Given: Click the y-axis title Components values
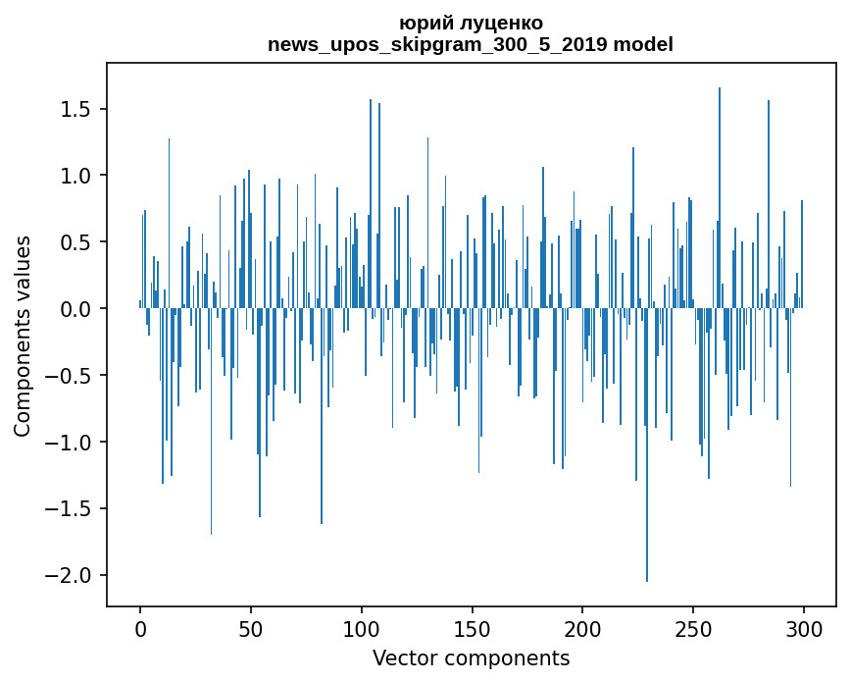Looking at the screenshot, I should [22, 336].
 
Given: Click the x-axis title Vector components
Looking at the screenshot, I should [471, 657].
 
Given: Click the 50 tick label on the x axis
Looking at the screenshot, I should [251, 628].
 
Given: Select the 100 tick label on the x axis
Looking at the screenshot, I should [362, 628].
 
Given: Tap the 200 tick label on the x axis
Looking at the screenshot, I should [582, 628].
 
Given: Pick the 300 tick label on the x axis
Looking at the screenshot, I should [804, 628].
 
